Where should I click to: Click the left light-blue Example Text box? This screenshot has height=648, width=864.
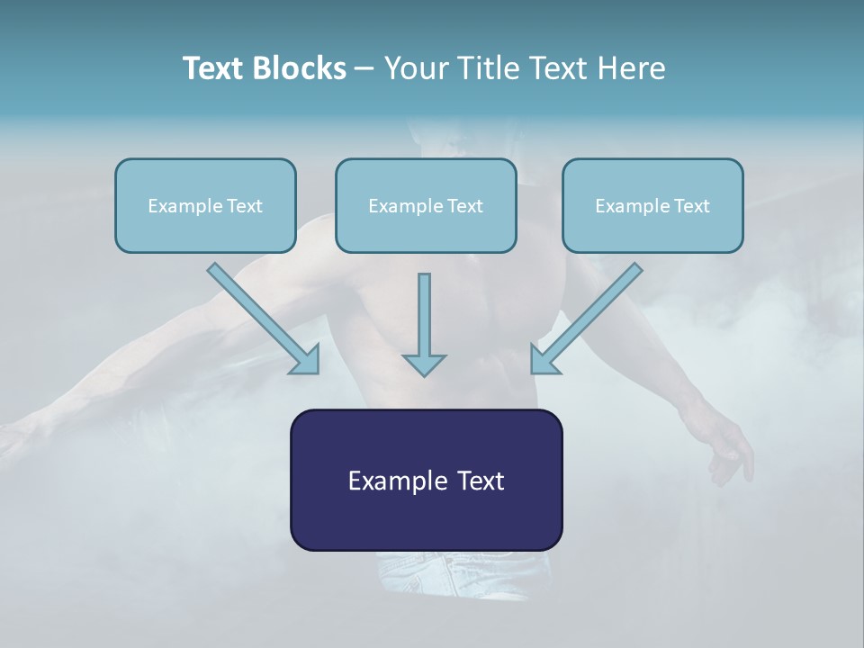click(205, 205)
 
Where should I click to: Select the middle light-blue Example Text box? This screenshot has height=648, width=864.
click(426, 205)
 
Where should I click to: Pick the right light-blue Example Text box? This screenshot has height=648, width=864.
click(652, 205)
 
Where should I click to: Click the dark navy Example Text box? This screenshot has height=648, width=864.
click(426, 480)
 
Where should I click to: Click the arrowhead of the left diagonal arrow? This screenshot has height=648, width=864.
click(306, 360)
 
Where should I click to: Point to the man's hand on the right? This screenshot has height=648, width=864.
click(729, 450)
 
